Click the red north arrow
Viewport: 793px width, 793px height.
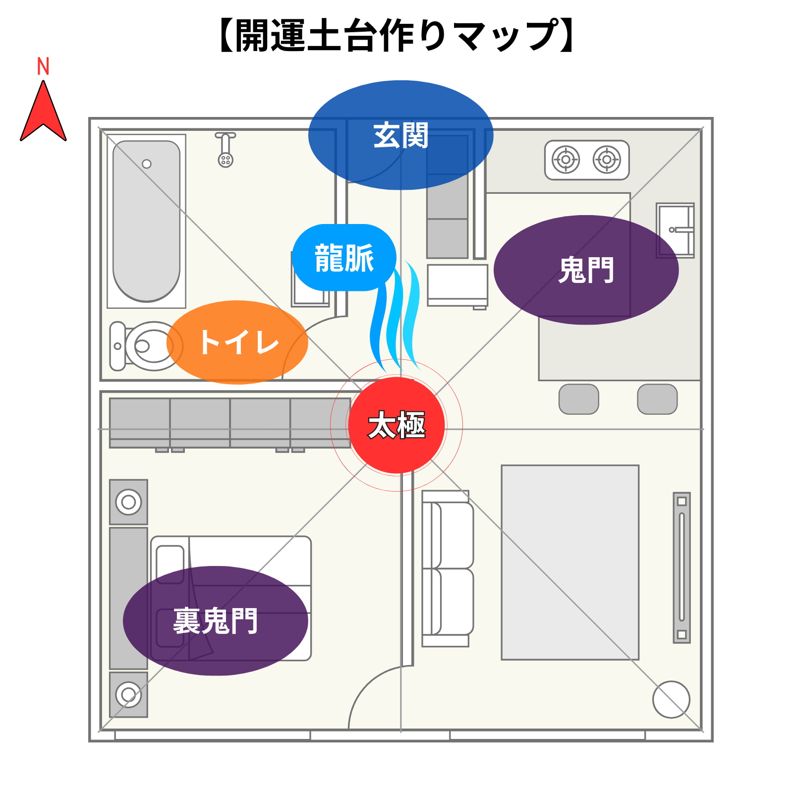(43, 114)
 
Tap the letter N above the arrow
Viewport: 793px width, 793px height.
(43, 66)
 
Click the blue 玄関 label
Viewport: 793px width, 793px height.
(400, 135)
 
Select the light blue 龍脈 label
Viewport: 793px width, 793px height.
(344, 258)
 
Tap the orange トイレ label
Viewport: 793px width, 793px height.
(238, 342)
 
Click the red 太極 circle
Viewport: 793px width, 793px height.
(396, 425)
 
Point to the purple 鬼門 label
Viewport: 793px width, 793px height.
(586, 270)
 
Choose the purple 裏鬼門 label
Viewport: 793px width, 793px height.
(216, 621)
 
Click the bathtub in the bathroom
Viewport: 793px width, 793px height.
(146, 221)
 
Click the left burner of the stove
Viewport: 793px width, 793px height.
(566, 160)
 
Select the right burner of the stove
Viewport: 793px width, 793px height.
(607, 160)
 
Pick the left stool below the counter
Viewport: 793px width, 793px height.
(578, 399)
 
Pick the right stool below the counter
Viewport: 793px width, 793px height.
(657, 399)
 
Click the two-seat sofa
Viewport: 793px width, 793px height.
(448, 568)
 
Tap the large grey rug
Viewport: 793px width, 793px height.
(570, 562)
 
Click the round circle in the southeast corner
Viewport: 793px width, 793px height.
(671, 699)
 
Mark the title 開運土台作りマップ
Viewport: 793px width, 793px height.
(396, 36)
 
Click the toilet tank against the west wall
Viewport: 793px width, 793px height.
(117, 346)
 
